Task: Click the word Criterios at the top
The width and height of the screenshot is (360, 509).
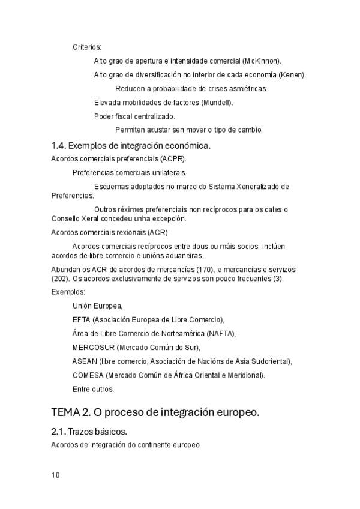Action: tap(87, 47)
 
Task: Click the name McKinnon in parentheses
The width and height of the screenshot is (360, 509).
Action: tap(262, 61)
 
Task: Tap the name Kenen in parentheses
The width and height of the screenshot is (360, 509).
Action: tap(292, 74)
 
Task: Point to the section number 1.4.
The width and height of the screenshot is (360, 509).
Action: tap(59, 145)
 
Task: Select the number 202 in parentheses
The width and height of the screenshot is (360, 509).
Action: tap(62, 279)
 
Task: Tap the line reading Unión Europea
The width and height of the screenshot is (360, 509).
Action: tap(97, 306)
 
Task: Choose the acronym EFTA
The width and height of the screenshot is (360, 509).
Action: tap(81, 319)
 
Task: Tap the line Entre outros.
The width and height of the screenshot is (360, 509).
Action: tap(93, 389)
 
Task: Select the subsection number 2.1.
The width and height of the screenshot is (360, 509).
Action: tap(58, 432)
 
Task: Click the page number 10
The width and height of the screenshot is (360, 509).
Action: tap(55, 475)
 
